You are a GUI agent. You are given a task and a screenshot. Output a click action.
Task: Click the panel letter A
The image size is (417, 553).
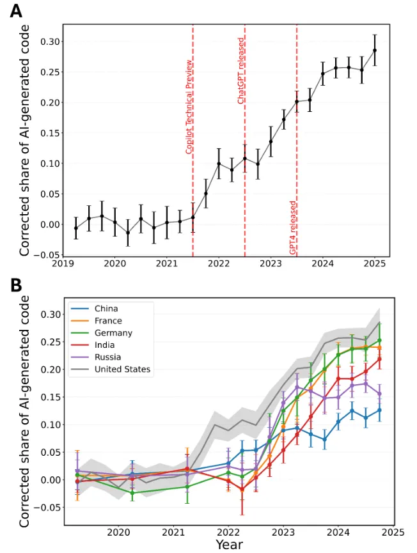[x=16, y=11]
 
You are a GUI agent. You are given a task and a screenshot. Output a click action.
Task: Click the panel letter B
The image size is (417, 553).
[x=16, y=286]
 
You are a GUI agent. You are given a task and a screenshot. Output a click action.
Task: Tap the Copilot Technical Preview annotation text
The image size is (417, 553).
[x=189, y=105]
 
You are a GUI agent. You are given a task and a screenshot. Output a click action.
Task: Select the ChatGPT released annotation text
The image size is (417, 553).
[x=241, y=70]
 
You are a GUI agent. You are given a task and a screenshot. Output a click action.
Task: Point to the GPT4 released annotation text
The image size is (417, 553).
[x=293, y=228]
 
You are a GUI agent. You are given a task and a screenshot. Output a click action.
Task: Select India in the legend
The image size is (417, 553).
[x=105, y=345]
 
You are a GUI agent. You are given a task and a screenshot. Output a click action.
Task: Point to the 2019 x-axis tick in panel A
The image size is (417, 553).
[x=63, y=263]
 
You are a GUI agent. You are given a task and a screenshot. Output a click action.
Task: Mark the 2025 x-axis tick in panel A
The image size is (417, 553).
[x=375, y=263]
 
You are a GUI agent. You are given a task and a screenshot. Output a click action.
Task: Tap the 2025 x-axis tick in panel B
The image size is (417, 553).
[x=393, y=531]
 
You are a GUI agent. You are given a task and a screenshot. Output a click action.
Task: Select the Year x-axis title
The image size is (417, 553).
[x=229, y=544]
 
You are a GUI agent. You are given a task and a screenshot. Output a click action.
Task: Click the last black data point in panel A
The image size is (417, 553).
[x=375, y=51]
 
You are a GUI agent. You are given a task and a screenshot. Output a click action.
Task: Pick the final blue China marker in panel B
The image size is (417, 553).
[x=379, y=410]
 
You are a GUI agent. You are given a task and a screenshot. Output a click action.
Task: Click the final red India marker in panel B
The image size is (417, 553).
[x=379, y=359]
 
